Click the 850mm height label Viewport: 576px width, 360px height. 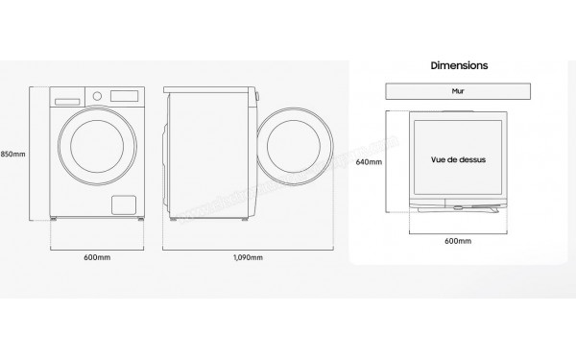point(12,155)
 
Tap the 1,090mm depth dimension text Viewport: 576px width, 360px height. point(248,257)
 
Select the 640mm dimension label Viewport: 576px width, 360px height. point(369,162)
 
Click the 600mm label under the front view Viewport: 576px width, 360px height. point(94,257)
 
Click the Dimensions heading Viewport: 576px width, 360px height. point(459,65)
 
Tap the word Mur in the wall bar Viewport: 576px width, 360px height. point(458,93)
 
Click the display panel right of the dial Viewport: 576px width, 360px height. point(125,96)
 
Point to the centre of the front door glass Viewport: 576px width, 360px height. point(95,154)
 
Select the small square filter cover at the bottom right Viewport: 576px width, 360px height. point(122,204)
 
